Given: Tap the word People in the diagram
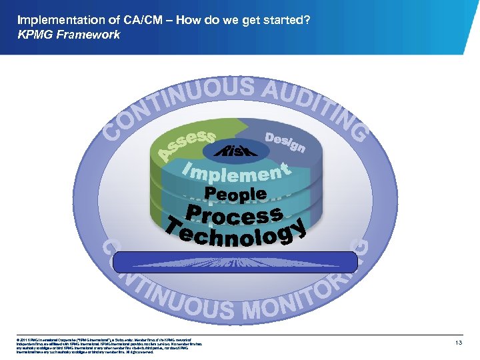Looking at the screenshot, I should (236, 195).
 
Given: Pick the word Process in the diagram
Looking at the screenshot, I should (233, 215).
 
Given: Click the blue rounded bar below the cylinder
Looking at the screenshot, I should (239, 262).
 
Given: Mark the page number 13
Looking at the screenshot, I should (458, 343).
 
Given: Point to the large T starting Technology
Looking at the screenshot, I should (176, 227).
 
